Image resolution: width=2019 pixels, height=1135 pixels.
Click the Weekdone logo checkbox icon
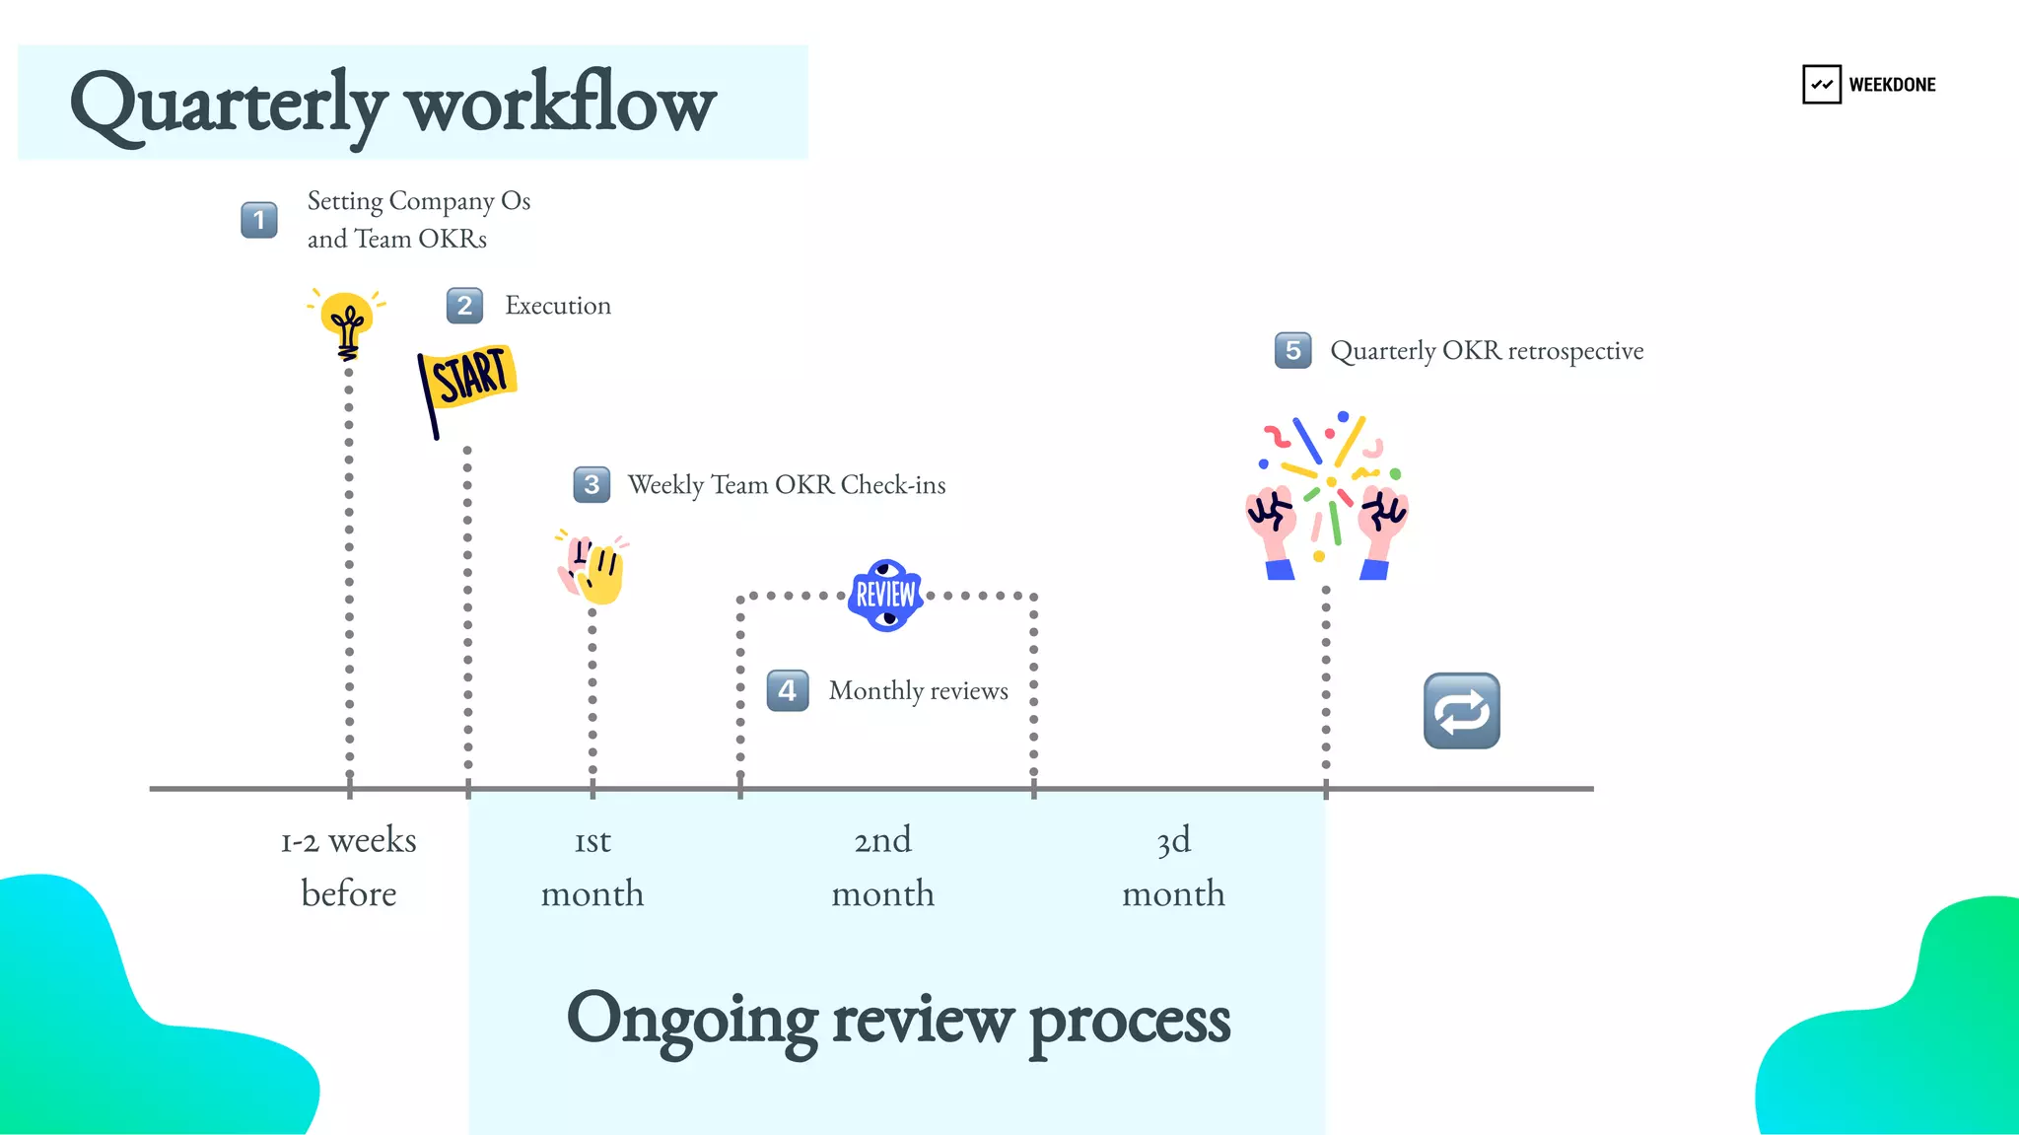[1821, 85]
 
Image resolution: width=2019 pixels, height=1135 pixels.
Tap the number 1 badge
[259, 220]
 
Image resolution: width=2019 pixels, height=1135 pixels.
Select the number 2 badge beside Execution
[464, 306]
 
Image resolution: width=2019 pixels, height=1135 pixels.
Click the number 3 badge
[592, 485]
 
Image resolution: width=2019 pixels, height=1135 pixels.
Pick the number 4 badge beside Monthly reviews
[788, 691]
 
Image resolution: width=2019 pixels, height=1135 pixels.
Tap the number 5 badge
[1292, 351]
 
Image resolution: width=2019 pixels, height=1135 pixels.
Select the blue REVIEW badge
[885, 595]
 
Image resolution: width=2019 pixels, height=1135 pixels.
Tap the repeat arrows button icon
[1461, 711]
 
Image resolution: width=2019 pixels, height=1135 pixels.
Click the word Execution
[558, 306]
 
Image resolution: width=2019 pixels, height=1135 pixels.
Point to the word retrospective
[1575, 351]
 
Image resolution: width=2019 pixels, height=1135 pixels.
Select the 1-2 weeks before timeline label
[349, 866]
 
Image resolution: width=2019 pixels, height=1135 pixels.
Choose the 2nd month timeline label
[882, 866]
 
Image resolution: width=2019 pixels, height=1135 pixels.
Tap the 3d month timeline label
[1173, 866]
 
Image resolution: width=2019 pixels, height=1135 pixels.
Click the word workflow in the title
[560, 105]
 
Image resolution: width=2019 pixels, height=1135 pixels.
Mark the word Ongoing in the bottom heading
[692, 1020]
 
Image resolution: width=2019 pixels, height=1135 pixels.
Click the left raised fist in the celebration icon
[1273, 523]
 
